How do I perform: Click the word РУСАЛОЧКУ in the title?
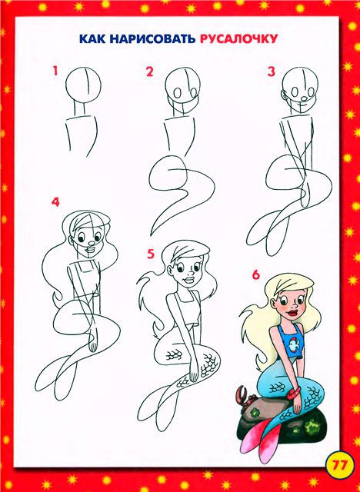coord(238,39)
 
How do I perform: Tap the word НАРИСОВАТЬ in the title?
coord(152,39)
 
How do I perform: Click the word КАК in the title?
coord(92,39)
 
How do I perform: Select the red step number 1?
coord(55,71)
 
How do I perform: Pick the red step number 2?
coord(149,71)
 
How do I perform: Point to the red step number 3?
coord(272,71)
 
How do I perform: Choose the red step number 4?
coord(55,202)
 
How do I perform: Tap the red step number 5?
coord(152,254)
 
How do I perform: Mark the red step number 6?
coord(256,274)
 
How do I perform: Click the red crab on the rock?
coord(245,397)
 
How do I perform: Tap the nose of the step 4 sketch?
coord(91,243)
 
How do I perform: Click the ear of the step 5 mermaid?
coord(170,270)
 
